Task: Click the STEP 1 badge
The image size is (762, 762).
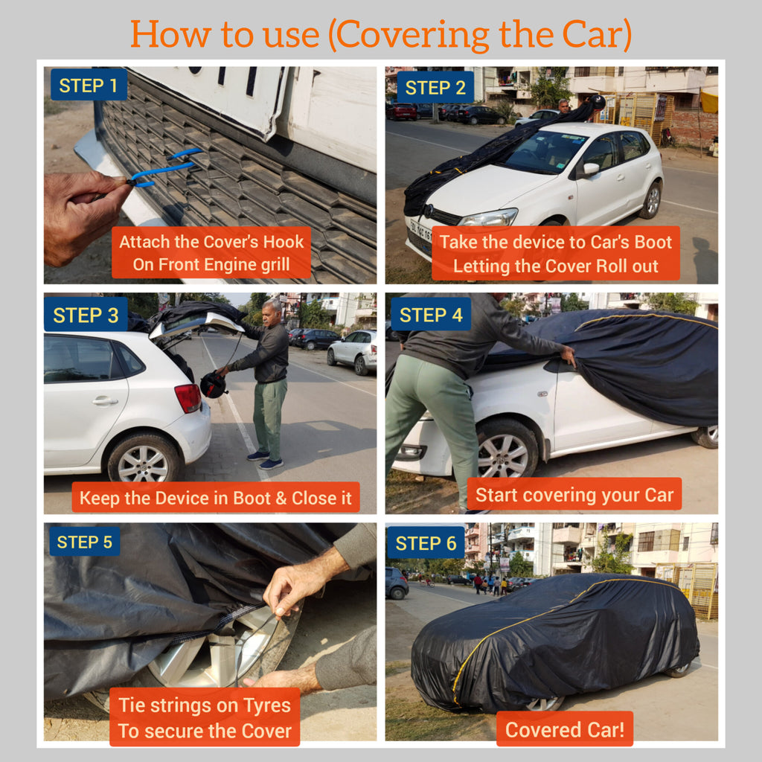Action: pos(88,86)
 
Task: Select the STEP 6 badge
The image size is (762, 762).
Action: pos(426,543)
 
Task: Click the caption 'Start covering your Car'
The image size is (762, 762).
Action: pos(574,495)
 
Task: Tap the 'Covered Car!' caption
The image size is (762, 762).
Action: pos(564,729)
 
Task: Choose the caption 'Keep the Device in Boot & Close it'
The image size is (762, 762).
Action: pos(215,498)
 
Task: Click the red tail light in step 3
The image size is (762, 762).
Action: pos(188,398)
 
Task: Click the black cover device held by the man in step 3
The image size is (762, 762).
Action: pos(213,384)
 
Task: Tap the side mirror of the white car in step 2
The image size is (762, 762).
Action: pos(592,168)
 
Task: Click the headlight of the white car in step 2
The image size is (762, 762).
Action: pos(487,217)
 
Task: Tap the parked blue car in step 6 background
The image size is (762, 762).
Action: pos(397,583)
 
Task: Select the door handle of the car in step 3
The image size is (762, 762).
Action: pos(105,400)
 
